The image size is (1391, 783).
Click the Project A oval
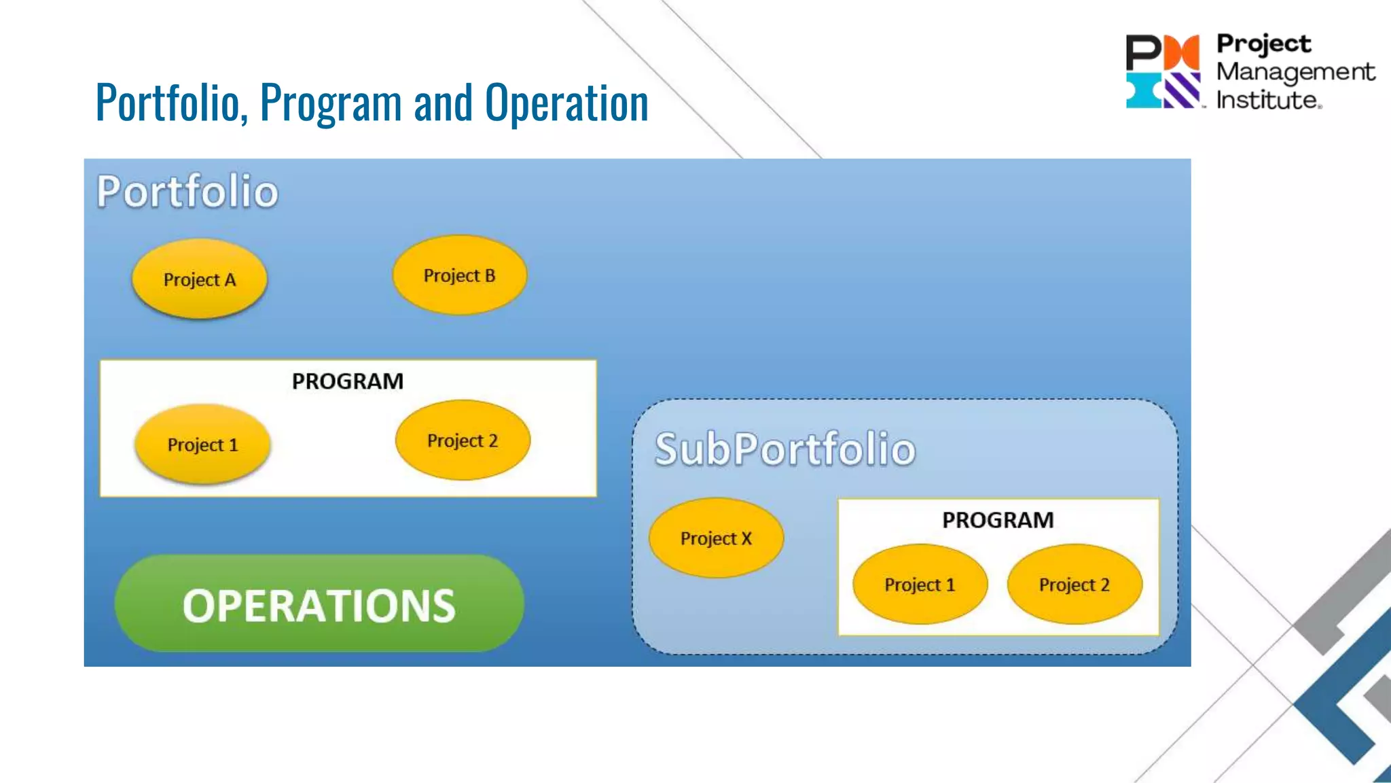(x=199, y=279)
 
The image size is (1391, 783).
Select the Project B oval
(x=460, y=275)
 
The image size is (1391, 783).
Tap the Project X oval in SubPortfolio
(x=716, y=538)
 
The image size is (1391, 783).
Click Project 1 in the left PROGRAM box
(x=202, y=445)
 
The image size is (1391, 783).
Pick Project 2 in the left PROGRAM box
(x=463, y=440)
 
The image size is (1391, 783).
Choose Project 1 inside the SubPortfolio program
(x=920, y=585)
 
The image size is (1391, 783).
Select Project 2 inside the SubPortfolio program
(x=1074, y=585)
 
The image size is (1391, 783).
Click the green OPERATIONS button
(x=319, y=604)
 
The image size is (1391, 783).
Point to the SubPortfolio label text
(x=785, y=449)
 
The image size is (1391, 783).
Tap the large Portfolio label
(x=187, y=191)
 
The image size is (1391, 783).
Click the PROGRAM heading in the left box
(x=348, y=381)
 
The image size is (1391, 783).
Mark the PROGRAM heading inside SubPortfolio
(x=998, y=520)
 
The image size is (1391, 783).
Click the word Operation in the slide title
(x=566, y=103)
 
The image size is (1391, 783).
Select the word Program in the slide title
(x=331, y=103)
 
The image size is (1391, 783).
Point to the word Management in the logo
(x=1295, y=72)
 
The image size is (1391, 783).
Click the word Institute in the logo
(x=1267, y=101)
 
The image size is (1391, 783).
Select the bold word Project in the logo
(x=1263, y=43)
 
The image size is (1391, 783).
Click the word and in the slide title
(x=443, y=103)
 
